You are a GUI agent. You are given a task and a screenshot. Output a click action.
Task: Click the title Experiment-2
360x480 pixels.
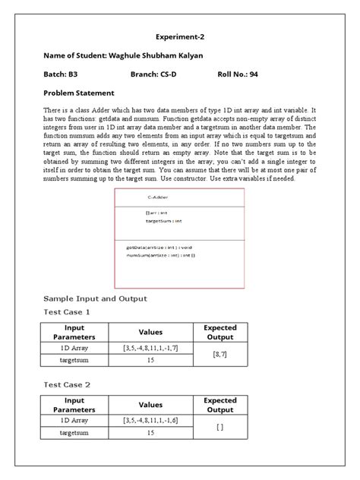click(180, 36)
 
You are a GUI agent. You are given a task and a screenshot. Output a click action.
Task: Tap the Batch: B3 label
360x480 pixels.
click(61, 75)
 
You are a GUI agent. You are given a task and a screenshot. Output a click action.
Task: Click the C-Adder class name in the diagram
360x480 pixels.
click(158, 197)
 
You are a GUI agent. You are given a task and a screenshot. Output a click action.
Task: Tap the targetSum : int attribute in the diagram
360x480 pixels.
click(164, 221)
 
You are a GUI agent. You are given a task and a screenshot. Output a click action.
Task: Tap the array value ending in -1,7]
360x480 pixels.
click(150, 347)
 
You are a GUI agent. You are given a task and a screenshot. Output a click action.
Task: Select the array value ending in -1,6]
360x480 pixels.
click(150, 419)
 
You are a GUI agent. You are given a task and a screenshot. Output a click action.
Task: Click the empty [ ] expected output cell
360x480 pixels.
click(219, 427)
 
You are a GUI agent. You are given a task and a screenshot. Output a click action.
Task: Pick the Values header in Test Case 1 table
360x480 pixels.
click(150, 332)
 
